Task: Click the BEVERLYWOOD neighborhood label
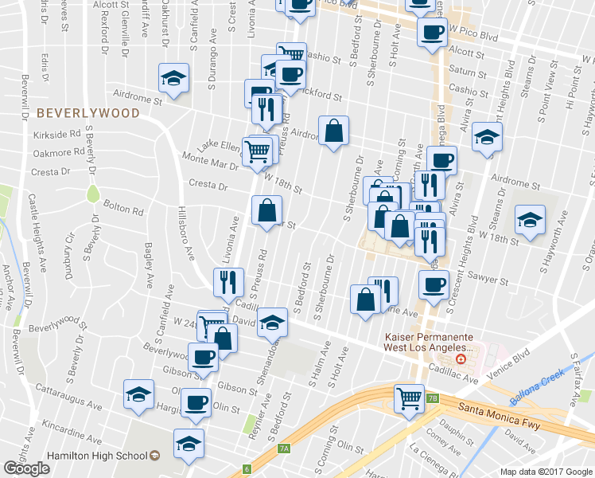tap(88, 113)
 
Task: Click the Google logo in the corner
tap(26, 468)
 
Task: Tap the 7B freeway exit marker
tap(432, 398)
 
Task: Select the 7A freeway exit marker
tap(284, 449)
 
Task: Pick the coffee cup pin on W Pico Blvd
tap(432, 33)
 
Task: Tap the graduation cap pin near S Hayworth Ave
tap(529, 219)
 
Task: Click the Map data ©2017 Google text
tap(546, 472)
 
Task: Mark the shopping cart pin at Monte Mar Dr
tap(257, 149)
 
